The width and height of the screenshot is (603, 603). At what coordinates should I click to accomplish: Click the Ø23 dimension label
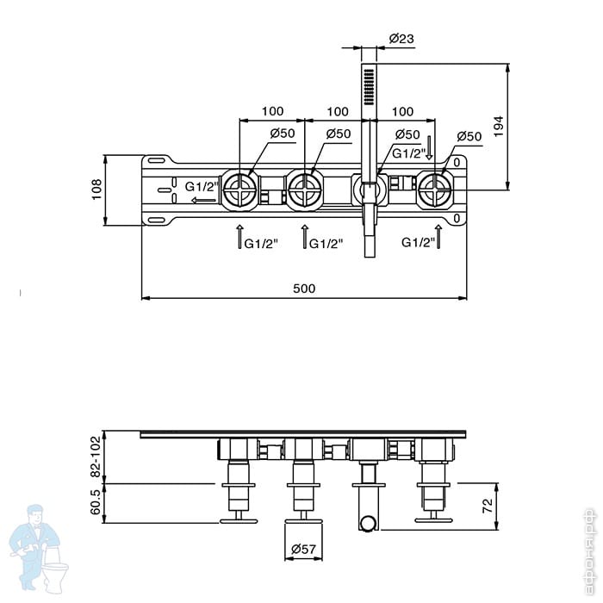(401, 38)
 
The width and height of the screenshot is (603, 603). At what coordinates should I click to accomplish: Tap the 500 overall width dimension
(303, 289)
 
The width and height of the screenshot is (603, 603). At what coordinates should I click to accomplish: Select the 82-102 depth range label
(96, 457)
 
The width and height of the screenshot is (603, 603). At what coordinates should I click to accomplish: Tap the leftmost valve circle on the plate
(239, 190)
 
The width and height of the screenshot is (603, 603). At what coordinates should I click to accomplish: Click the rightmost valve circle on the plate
(435, 190)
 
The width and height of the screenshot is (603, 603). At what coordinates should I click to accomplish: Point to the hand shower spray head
(370, 86)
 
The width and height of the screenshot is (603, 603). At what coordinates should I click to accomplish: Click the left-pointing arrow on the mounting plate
(203, 201)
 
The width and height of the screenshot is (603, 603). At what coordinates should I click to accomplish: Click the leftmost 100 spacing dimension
(272, 111)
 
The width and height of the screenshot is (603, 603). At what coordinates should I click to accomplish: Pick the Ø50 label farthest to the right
(469, 136)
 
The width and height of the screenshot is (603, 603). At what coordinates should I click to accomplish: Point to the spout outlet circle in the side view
(369, 520)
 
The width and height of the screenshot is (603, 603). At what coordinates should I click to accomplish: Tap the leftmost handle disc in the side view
(239, 519)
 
